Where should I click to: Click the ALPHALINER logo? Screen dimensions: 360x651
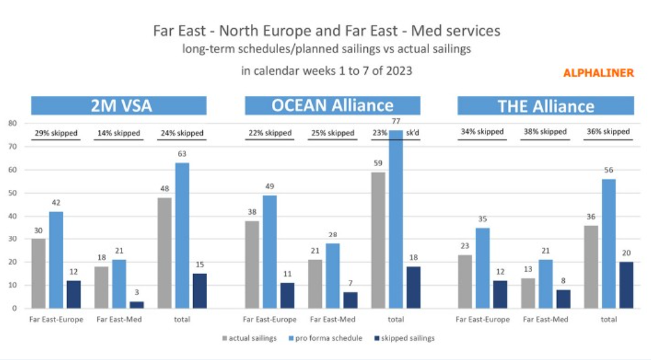598,73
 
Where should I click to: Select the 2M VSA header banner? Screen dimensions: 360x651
119,106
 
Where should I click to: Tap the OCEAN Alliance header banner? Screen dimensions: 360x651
332,106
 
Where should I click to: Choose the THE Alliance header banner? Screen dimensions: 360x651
545,106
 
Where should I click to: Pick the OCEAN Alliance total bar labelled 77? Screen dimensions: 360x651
395,219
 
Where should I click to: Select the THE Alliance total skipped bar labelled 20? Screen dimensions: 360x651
626,285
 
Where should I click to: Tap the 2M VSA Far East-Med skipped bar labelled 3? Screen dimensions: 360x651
136,305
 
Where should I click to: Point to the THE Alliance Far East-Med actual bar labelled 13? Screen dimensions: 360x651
528,293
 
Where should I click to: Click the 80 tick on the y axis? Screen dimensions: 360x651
12,124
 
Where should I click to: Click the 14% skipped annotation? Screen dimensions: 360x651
118,133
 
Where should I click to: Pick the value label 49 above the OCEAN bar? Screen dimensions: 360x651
269,187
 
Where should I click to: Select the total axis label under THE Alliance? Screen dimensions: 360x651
608,320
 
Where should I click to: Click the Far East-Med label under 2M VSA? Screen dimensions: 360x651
118,320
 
